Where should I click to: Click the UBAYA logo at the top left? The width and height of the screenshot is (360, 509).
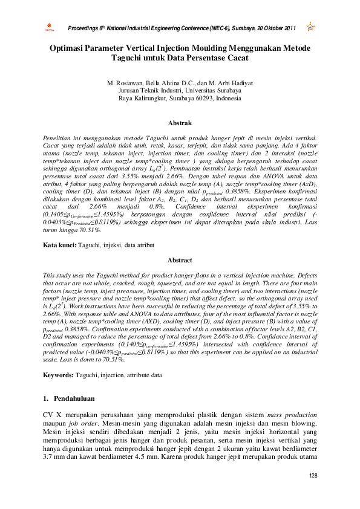49,27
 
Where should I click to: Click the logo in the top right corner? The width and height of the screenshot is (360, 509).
311,27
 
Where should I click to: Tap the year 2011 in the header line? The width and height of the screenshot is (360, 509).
289,28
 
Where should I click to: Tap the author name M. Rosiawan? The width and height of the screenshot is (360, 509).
125,82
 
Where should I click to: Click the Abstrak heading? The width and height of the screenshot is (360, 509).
180,123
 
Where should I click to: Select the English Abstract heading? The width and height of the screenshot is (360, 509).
180,261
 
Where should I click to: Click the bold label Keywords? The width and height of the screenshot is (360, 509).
58,375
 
